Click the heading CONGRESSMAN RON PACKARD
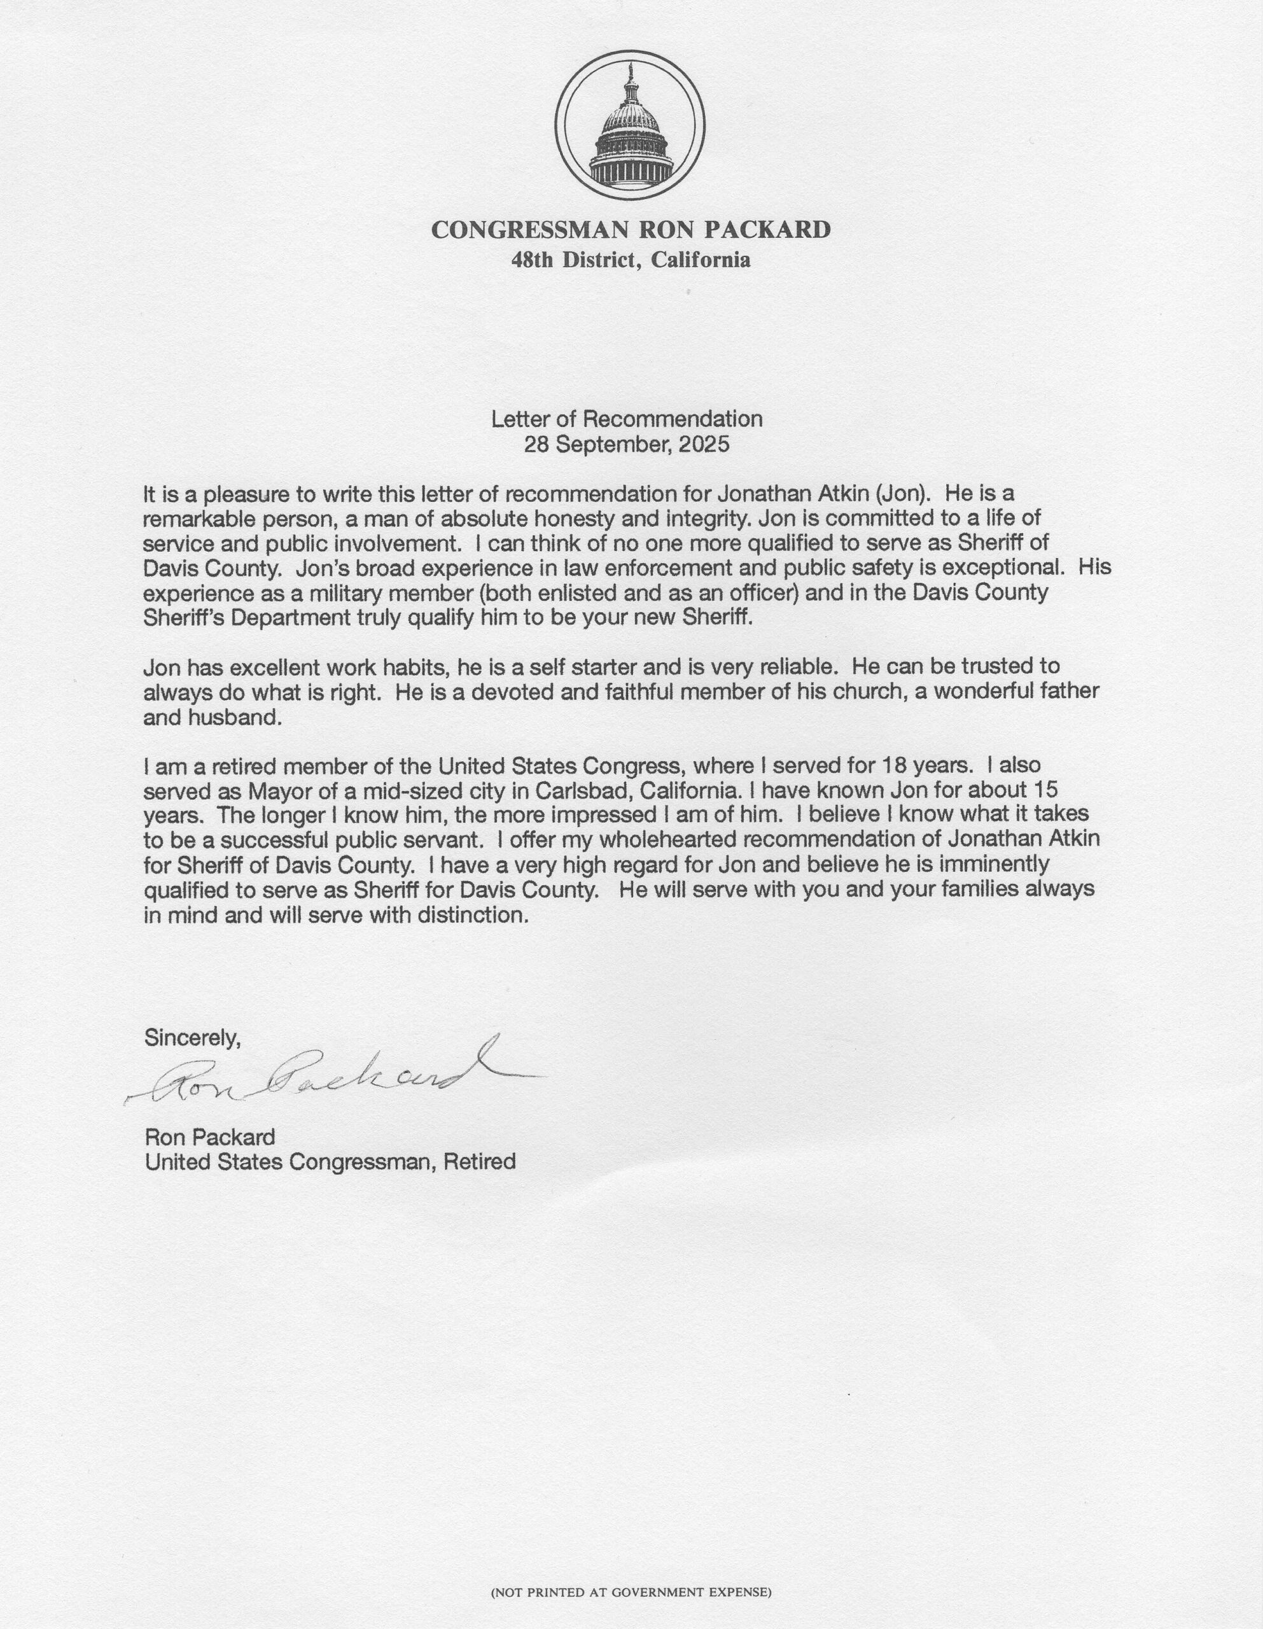[631, 229]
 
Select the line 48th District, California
[631, 260]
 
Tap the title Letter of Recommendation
[627, 419]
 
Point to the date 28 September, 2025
[627, 445]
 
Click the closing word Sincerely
[192, 1038]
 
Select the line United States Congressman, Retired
[330, 1162]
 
